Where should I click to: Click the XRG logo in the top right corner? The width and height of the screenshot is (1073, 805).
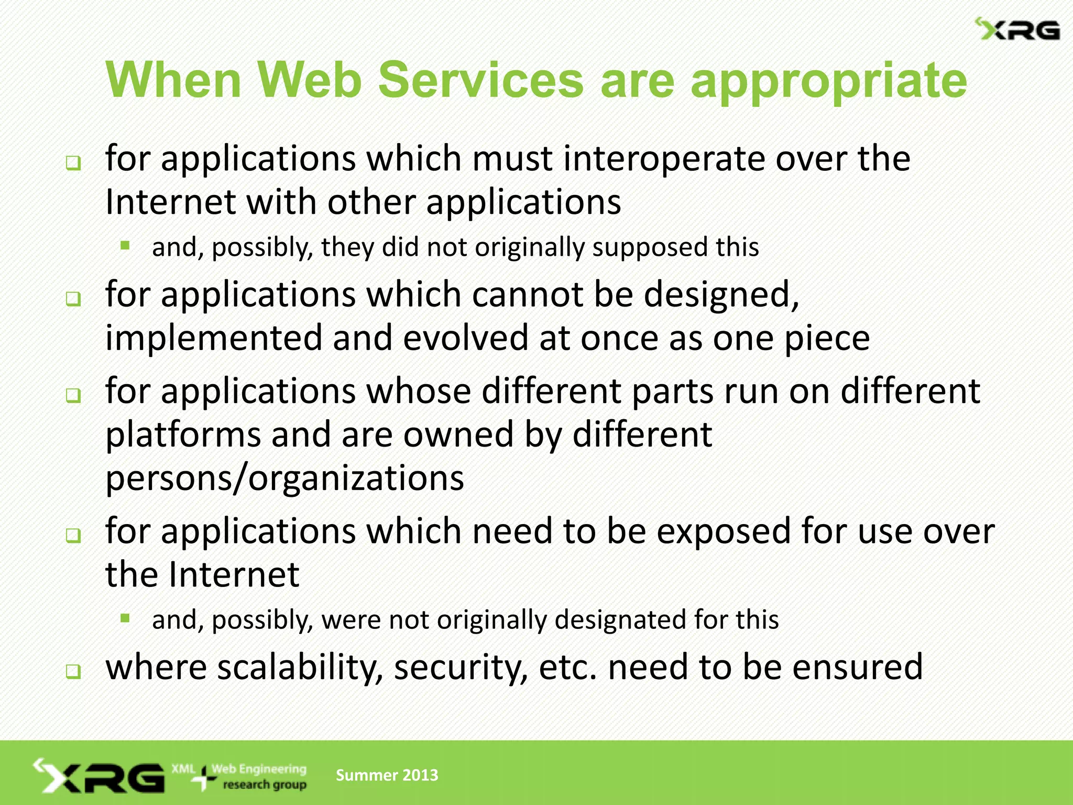point(1017,30)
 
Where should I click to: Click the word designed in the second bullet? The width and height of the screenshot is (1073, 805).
point(720,295)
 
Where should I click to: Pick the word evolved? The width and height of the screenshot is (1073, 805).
point(466,338)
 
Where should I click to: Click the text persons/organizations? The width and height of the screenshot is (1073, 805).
point(284,478)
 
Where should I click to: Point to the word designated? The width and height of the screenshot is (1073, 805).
point(620,620)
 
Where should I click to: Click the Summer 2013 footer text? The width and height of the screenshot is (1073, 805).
point(387,775)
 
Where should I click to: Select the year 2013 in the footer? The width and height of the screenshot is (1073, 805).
point(420,775)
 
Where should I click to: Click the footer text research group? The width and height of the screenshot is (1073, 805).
point(265,785)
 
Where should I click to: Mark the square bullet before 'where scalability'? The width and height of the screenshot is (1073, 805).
point(73,671)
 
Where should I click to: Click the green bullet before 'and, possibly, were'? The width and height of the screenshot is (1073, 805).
point(125,618)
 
